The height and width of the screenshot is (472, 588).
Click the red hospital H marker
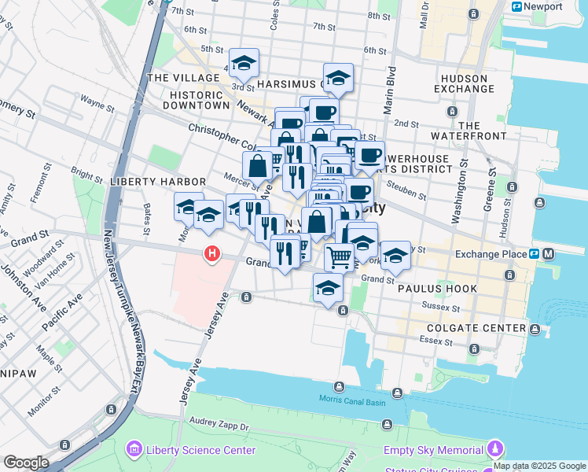[x=211, y=253]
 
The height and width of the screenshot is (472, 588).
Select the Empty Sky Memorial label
[x=433, y=450]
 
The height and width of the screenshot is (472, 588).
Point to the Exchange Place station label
[x=491, y=254]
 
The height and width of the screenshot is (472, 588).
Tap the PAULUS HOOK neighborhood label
[x=437, y=289]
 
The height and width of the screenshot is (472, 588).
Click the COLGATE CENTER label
[x=476, y=328]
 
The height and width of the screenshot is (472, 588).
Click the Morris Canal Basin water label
[x=353, y=400]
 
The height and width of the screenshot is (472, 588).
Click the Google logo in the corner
[x=26, y=463]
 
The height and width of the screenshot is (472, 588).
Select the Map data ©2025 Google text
[x=539, y=466]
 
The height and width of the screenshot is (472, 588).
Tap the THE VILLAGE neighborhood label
[x=183, y=78]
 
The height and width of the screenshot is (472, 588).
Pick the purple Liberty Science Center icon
[x=133, y=450]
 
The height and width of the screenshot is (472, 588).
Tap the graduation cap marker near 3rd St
[x=244, y=62]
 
